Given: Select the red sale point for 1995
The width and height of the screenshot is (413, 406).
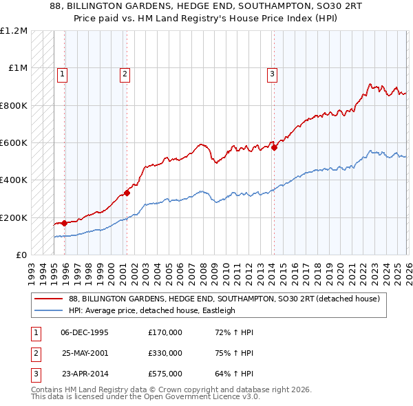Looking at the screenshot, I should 64,223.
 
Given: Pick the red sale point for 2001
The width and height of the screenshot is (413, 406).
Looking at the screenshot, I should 127,193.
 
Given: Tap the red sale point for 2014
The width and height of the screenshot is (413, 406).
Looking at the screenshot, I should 274,147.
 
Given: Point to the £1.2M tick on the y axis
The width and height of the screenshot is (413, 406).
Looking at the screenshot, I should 14,31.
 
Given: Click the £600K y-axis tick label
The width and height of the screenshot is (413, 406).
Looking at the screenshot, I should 14,143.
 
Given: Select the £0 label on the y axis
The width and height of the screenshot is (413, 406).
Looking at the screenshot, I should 21,255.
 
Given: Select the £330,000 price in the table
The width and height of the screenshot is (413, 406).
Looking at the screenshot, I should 165,353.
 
